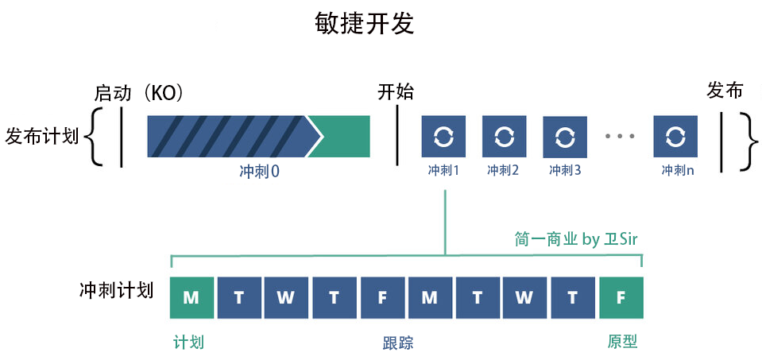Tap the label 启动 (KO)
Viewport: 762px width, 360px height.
pyautogui.click(x=138, y=93)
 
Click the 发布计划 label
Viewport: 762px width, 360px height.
pyautogui.click(x=41, y=136)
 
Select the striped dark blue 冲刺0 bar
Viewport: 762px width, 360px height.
pyautogui.click(x=226, y=136)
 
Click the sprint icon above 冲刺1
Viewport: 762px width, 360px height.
pyautogui.click(x=443, y=136)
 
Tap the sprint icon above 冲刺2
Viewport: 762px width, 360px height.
pyautogui.click(x=504, y=136)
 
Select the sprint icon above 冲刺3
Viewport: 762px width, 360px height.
pyautogui.click(x=565, y=136)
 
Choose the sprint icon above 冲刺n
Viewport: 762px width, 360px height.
pyautogui.click(x=675, y=136)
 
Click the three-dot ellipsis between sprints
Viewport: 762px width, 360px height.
pyautogui.click(x=620, y=137)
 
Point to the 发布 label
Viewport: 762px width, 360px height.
pyautogui.click(x=725, y=91)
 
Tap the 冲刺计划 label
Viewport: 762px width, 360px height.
pyautogui.click(x=117, y=290)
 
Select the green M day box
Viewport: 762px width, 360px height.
pyautogui.click(x=191, y=297)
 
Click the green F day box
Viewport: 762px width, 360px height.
pyautogui.click(x=621, y=297)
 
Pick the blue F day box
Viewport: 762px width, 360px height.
pyautogui.click(x=382, y=297)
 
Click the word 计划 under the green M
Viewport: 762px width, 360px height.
pyautogui.click(x=189, y=343)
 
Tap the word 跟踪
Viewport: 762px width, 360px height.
pyautogui.click(x=397, y=343)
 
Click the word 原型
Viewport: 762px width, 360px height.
pyautogui.click(x=622, y=342)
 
